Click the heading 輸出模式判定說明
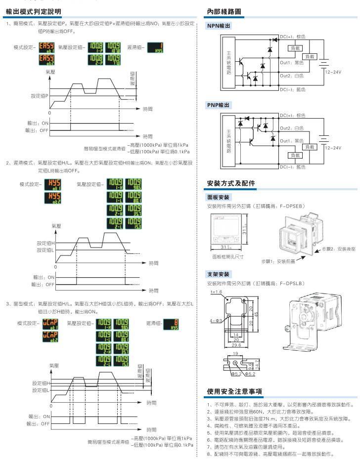(34, 11)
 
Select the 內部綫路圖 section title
(225, 11)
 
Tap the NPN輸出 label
(218, 26)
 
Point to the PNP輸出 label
(218, 105)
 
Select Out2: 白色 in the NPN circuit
(292, 76)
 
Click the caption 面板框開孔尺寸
(227, 256)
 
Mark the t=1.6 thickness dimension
(217, 292)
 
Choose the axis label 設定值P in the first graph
(40, 95)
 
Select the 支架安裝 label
(218, 274)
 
